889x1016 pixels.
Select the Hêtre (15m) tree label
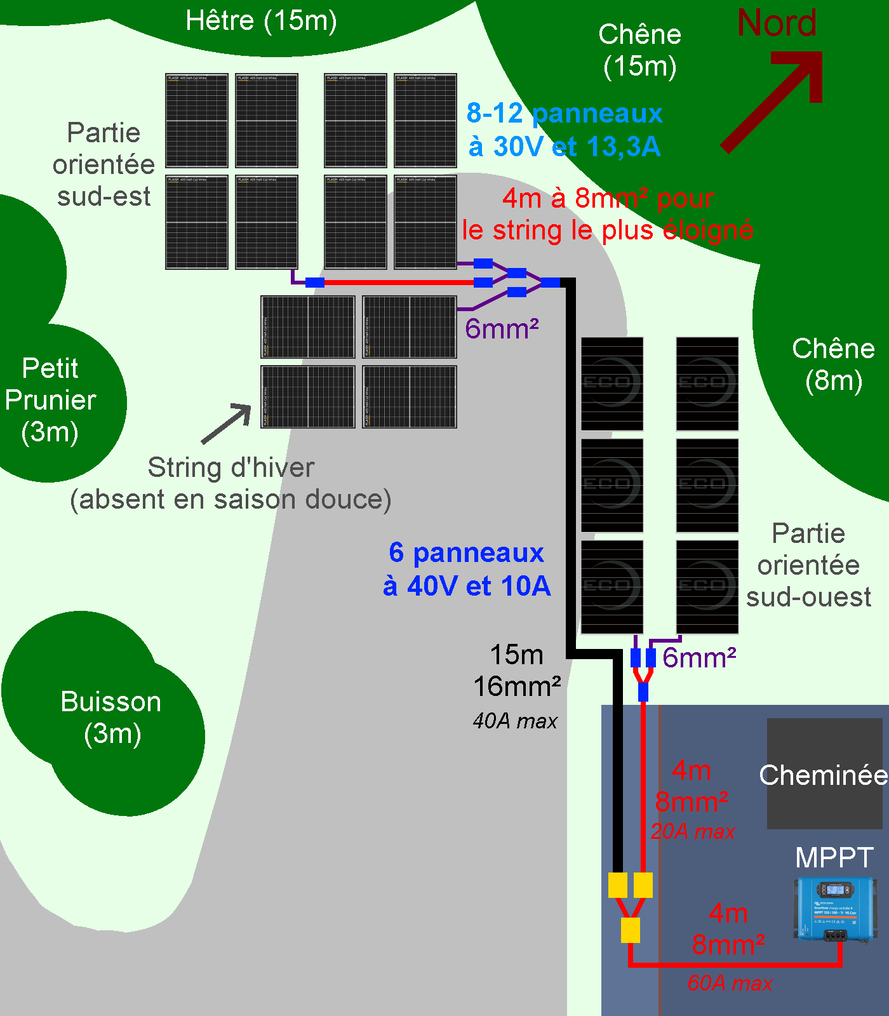(x=261, y=20)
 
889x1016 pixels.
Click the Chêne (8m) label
(x=833, y=364)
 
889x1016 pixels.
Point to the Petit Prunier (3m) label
(x=50, y=400)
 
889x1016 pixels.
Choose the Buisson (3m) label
(x=111, y=718)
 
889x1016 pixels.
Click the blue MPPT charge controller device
(x=834, y=909)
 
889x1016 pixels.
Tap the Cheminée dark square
(x=824, y=774)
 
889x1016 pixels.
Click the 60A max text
(x=730, y=983)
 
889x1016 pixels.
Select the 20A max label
(x=693, y=831)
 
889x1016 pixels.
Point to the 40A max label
(x=515, y=721)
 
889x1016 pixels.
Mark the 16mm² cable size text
(x=517, y=686)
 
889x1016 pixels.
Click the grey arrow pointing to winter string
(x=227, y=423)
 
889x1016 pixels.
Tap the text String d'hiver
(x=231, y=467)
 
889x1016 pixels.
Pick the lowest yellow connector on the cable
(x=630, y=930)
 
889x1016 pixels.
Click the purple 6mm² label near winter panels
(x=502, y=329)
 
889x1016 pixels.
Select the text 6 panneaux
(x=466, y=552)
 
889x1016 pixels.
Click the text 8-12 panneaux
(x=565, y=113)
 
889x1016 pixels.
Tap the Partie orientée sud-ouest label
(x=808, y=565)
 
